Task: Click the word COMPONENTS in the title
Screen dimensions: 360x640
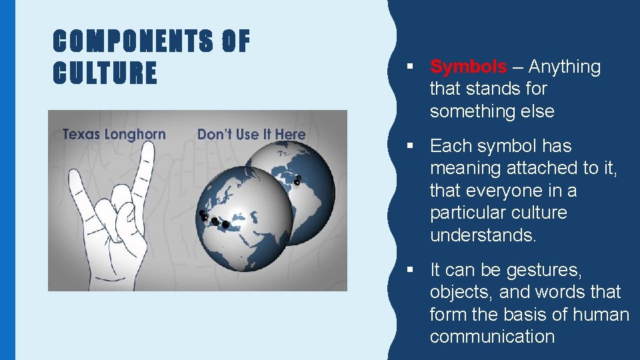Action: (x=133, y=43)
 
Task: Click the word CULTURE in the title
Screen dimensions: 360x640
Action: (x=105, y=73)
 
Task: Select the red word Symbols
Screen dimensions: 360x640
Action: (x=468, y=67)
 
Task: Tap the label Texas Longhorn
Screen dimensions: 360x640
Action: (x=114, y=134)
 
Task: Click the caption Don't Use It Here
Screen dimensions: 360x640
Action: (x=251, y=134)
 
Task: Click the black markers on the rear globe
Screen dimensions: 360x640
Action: (x=297, y=179)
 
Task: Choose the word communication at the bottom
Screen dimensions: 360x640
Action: (x=492, y=337)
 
